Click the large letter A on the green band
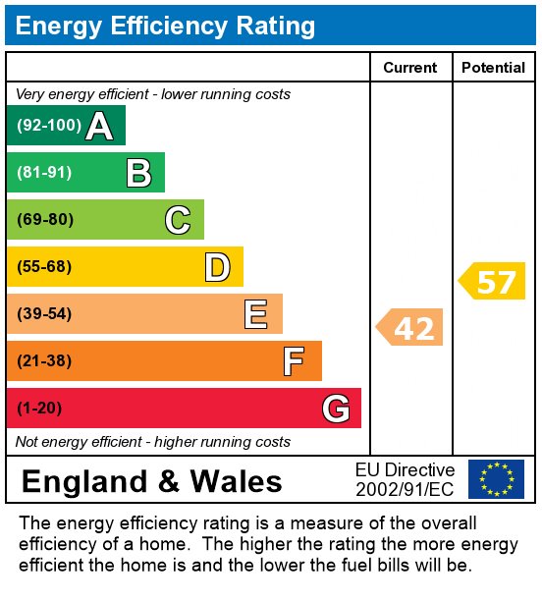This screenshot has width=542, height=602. (x=98, y=126)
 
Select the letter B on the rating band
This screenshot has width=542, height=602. (x=138, y=173)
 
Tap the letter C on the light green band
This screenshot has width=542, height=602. (x=177, y=220)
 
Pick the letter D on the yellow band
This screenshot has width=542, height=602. (x=217, y=267)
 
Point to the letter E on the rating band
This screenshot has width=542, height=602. (x=255, y=314)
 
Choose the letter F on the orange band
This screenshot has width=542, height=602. (x=294, y=361)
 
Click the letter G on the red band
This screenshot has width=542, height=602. (x=336, y=408)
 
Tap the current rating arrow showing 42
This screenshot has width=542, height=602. (x=411, y=327)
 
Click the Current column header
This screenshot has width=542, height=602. (x=409, y=68)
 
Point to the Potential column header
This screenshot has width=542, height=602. (x=493, y=68)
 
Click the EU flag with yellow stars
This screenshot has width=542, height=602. (x=496, y=479)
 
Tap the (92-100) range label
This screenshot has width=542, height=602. (x=48, y=126)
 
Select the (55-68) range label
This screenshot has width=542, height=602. (x=44, y=267)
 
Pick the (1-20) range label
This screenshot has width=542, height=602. (x=39, y=409)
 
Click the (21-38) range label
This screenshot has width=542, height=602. (x=44, y=361)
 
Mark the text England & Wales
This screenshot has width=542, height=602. (x=151, y=481)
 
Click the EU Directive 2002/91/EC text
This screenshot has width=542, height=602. (x=405, y=479)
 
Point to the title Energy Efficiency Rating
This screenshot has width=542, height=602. (x=165, y=26)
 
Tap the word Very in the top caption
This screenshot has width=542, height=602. (x=31, y=94)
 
